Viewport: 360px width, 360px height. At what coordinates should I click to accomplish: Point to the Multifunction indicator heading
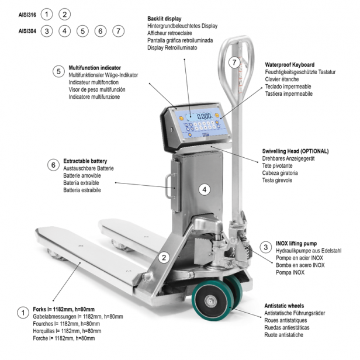95,67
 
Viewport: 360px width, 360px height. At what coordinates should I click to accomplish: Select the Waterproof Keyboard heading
290,64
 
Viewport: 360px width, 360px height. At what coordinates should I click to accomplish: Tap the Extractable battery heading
85,161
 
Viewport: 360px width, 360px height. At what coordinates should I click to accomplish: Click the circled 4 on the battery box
204,189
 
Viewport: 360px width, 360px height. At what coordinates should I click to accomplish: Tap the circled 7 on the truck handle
234,62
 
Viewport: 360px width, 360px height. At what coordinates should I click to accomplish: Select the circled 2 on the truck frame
165,257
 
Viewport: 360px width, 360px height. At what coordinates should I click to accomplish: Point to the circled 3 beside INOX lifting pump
265,247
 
